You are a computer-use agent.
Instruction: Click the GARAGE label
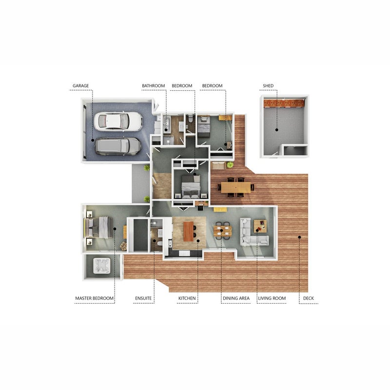80,86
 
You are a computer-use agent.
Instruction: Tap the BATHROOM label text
153,86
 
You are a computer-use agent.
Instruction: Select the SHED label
268,86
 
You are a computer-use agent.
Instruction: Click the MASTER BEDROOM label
94,298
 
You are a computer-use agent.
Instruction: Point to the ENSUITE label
143,298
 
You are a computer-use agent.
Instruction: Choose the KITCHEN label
187,298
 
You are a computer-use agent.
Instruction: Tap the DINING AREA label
236,298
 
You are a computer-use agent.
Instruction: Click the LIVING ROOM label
272,298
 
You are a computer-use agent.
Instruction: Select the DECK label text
309,298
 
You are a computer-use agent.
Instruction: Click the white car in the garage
118,121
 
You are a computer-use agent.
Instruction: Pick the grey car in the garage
117,146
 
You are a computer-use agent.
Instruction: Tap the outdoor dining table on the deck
236,187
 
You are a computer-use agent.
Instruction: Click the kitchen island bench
188,231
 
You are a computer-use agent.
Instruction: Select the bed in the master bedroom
99,227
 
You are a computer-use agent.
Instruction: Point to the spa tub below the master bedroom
102,266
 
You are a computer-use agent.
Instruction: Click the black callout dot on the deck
300,237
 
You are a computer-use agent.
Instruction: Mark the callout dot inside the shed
276,130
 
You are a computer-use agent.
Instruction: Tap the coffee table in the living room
260,226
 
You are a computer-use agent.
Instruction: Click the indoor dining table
223,231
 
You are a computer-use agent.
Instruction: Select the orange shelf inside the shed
284,103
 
